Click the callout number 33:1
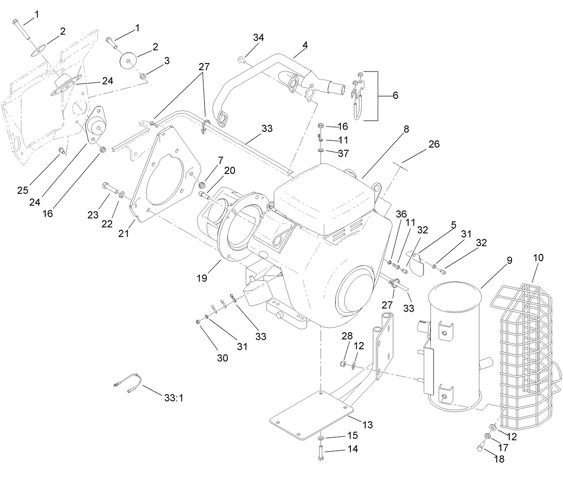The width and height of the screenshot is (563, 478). [174, 398]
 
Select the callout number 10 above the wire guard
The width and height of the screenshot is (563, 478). [538, 258]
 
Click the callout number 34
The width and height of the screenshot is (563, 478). [258, 38]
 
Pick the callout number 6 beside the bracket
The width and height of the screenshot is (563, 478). [395, 95]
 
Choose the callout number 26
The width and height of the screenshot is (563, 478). [434, 144]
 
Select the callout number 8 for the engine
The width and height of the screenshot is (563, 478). [406, 129]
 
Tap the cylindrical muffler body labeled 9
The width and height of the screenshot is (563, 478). [452, 344]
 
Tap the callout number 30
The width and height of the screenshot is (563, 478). [222, 358]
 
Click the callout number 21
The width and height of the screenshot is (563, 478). [124, 233]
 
